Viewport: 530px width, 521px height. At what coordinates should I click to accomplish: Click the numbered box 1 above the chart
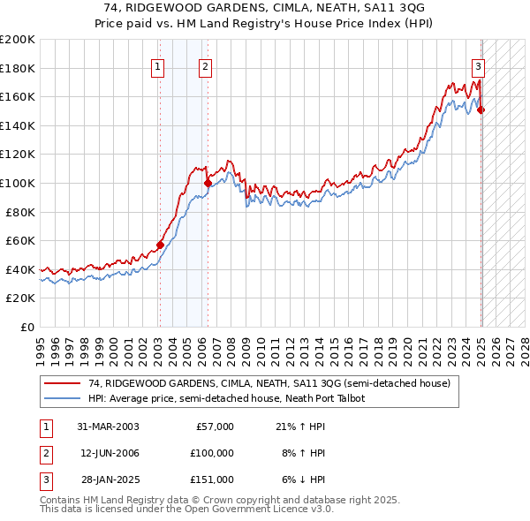[x=157, y=66]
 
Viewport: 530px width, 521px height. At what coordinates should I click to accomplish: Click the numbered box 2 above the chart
[x=205, y=66]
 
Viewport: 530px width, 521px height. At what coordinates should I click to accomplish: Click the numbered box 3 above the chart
[x=478, y=66]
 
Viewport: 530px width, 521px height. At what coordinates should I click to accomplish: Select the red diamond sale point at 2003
[x=161, y=245]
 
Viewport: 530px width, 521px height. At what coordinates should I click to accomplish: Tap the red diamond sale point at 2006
[x=208, y=184]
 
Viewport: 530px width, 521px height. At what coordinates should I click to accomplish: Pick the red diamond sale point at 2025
[x=481, y=109]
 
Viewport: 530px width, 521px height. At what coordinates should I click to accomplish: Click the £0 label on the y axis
[x=27, y=327]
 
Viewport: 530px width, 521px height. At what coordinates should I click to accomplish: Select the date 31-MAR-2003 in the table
[x=108, y=427]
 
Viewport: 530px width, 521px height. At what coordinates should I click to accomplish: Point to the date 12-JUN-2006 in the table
[x=109, y=453]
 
